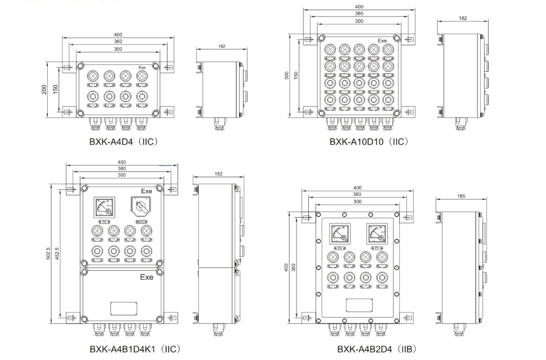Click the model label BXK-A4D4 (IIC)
coord(123,142)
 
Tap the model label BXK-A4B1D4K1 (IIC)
coord(135,349)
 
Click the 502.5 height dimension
coord(48,253)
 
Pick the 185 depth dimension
coord(461,196)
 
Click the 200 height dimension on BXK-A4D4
coord(44,90)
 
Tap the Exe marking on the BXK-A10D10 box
coord(382,40)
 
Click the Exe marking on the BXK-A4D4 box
coord(142,68)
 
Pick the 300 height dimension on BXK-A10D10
coord(287,75)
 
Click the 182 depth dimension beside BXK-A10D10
coord(463,18)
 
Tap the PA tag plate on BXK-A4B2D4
coord(340,248)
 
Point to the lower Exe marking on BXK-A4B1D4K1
coord(146,277)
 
